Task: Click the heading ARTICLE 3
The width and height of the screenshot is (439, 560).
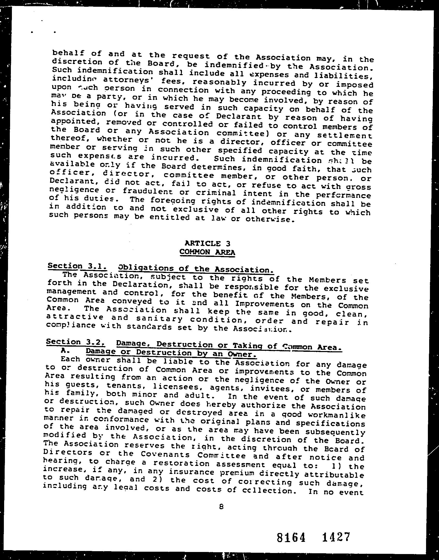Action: (207, 243)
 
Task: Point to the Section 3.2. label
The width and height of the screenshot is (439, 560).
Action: (75, 342)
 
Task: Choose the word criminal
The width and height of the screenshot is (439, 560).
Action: (216, 193)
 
